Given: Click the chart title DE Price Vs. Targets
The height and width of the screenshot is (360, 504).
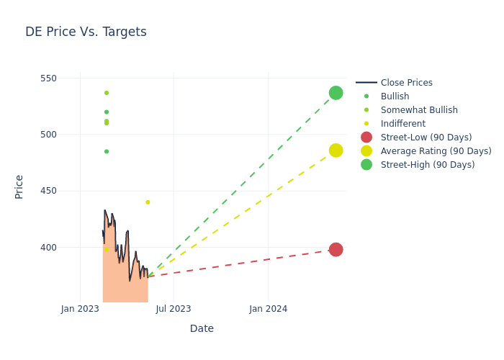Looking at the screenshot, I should [86, 32].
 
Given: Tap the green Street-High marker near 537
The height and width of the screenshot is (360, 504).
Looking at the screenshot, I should [336, 93].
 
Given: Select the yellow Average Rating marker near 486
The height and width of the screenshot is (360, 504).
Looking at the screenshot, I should [336, 150].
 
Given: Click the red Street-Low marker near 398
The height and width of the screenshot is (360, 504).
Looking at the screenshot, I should [336, 250].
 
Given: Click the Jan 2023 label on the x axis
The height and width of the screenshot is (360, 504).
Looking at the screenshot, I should [80, 309].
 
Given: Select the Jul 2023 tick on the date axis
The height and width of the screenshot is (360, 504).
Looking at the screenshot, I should [174, 309].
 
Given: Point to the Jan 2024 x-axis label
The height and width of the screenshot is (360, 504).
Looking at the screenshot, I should [268, 309].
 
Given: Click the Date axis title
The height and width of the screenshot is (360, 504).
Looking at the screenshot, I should [202, 328].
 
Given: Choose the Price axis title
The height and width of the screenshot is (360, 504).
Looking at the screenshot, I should [19, 186].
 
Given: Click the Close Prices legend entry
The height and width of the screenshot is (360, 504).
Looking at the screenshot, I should [406, 83].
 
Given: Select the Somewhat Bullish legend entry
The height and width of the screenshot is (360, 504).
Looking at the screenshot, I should [419, 110].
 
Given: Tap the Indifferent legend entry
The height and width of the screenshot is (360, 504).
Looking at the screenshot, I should [402, 124].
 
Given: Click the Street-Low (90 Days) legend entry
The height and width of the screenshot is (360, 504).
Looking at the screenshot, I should [426, 138].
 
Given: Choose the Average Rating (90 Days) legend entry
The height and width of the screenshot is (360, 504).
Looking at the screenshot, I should [436, 151].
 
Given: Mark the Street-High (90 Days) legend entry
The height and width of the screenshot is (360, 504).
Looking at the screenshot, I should [428, 165].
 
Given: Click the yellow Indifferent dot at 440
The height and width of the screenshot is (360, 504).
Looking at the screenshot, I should [148, 202].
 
